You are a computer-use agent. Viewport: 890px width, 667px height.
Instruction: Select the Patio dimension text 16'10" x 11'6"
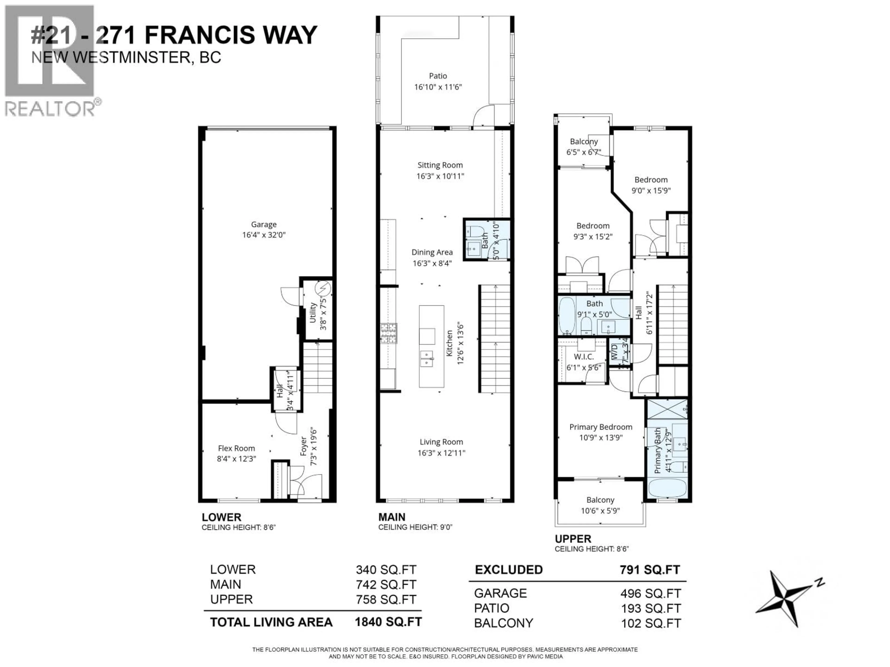[438, 87]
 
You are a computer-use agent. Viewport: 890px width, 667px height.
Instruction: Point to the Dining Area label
[432, 252]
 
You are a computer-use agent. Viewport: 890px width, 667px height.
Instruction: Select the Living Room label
[441, 442]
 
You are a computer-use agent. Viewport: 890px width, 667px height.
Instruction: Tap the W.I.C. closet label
[583, 357]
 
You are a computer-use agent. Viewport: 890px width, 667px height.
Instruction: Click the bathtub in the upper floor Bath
[567, 316]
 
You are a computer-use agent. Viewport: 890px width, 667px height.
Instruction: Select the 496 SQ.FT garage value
[651, 593]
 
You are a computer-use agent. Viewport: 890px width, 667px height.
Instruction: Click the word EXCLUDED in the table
[509, 570]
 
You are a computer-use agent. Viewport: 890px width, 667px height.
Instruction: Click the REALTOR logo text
[50, 109]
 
